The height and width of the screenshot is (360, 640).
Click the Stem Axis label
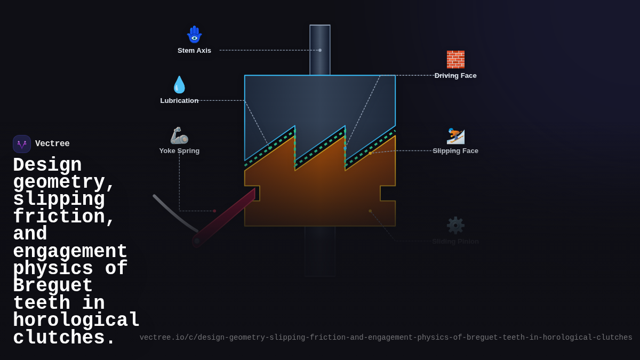coord(194,51)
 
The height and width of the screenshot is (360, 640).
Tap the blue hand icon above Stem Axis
coord(194,34)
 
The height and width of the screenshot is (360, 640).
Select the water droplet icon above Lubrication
coord(179,85)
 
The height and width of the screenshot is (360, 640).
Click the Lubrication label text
coord(179,101)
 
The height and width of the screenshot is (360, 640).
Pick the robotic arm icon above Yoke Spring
coord(179,135)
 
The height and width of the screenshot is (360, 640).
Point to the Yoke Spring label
coord(179,151)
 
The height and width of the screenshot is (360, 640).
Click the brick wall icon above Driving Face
coord(455,59)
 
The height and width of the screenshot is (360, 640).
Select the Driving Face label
coord(455,76)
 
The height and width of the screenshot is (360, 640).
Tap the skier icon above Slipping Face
coord(455,135)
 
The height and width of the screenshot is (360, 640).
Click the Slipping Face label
coord(455,151)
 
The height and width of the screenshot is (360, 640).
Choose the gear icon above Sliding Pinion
coord(455,225)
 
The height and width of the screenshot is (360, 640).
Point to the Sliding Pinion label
coord(455,242)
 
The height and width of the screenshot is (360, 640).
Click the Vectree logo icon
coord(22,144)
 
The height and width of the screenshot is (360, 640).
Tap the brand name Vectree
coord(52,144)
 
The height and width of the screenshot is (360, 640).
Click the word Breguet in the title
coord(53,286)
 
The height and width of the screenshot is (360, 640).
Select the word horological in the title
coord(76,321)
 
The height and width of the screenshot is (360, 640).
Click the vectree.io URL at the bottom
coord(386,338)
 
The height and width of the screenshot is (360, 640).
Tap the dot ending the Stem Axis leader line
coord(320,50)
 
